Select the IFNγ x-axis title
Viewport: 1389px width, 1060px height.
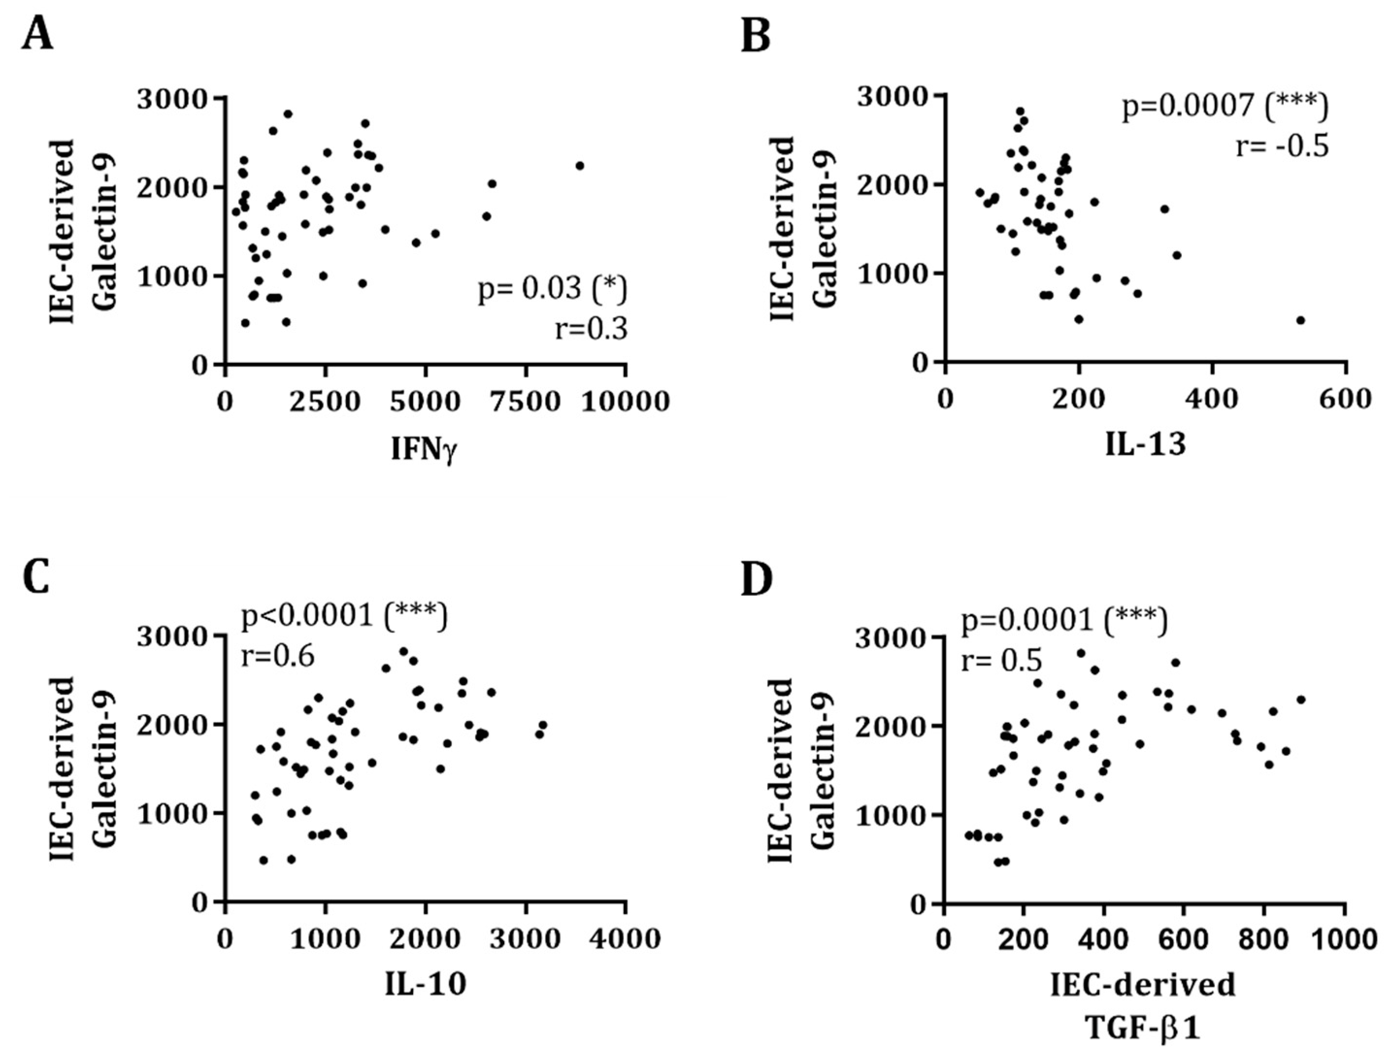click(x=423, y=453)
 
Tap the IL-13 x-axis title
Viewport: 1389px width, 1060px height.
click(x=1145, y=445)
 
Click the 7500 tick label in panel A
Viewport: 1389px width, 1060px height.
click(x=526, y=401)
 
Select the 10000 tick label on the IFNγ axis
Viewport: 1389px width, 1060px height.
click(x=625, y=401)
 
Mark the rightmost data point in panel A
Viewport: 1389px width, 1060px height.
click(x=580, y=166)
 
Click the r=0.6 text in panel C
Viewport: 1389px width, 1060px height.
click(x=278, y=656)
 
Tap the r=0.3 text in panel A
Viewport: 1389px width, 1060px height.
click(x=591, y=329)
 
